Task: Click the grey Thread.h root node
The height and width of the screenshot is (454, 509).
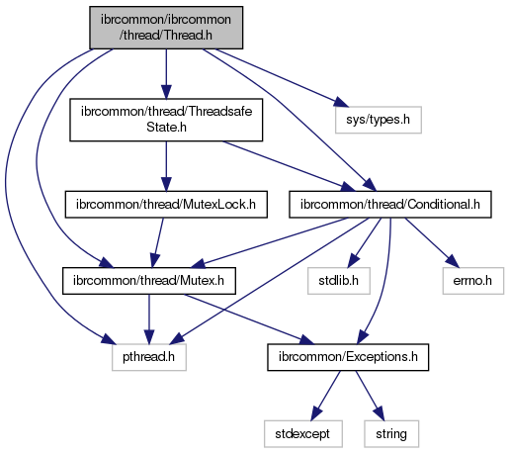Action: (166, 28)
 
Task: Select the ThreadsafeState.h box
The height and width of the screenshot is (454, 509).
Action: (166, 120)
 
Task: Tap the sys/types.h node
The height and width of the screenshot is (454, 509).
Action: (379, 120)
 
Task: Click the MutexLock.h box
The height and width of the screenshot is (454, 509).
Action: (166, 205)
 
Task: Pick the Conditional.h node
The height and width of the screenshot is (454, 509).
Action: (390, 205)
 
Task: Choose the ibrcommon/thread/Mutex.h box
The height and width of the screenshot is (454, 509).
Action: (149, 281)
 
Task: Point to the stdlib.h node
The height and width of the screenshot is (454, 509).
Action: (339, 281)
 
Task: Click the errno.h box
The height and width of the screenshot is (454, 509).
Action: (473, 281)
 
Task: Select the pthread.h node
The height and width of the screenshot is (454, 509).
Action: (149, 357)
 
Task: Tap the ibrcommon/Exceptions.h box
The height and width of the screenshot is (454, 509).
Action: (348, 357)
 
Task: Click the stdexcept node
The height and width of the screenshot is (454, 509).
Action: (303, 434)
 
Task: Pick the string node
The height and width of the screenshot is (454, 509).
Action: (391, 434)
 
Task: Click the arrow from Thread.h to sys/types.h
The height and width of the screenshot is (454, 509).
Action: (282, 78)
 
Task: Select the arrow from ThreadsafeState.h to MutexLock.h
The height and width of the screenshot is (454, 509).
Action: (166, 166)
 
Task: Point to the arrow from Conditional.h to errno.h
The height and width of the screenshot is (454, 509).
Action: (432, 242)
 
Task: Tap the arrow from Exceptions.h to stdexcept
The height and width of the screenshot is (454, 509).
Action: (325, 396)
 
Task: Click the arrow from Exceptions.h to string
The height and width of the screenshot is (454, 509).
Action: (370, 396)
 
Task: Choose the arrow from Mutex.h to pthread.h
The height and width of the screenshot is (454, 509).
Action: (149, 319)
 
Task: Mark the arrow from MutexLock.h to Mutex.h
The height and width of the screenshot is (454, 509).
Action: (157, 242)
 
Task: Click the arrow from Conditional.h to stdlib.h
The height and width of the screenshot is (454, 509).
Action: (365, 242)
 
